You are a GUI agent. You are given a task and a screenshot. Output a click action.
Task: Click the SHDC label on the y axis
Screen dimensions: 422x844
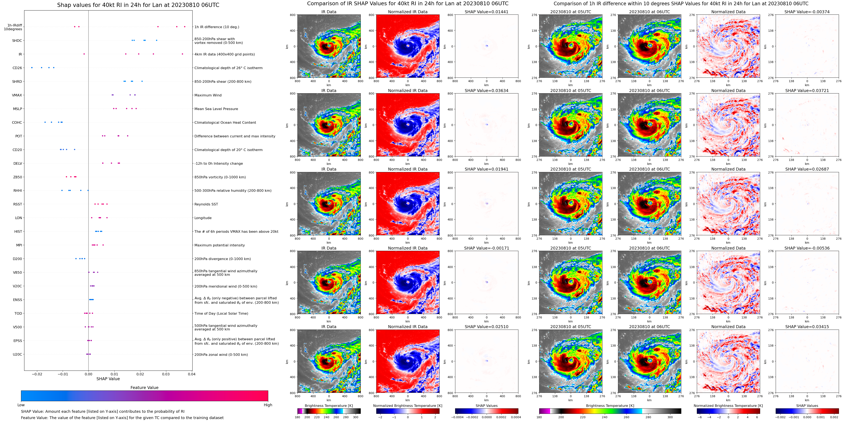tap(17, 41)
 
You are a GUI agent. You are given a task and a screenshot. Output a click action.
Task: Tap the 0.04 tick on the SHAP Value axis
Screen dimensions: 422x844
tap(192, 374)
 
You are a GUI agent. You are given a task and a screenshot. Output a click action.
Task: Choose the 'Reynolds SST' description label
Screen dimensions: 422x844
tap(206, 204)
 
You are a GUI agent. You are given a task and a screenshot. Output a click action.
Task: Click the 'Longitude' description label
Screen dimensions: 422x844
tap(203, 218)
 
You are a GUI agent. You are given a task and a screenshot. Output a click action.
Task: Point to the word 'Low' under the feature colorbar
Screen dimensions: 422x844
tap(21, 405)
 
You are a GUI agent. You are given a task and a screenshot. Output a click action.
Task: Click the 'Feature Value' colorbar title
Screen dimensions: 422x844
tap(144, 388)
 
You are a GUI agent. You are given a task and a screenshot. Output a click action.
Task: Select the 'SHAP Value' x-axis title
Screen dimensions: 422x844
tap(108, 379)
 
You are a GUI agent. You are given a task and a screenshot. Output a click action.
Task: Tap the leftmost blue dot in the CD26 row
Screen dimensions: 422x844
tap(32, 68)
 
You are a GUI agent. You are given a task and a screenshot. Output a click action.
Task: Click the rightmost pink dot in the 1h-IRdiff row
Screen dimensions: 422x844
tap(185, 27)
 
